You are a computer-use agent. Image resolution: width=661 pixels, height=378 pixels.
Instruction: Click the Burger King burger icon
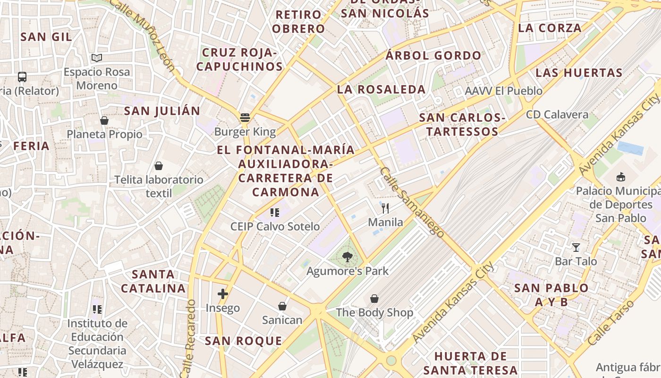(245, 117)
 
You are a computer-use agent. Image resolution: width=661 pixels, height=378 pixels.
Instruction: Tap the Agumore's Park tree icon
(347, 257)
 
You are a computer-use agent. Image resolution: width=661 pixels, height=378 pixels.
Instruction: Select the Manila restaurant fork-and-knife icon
(385, 208)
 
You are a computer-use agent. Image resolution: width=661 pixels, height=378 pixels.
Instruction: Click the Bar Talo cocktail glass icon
(576, 247)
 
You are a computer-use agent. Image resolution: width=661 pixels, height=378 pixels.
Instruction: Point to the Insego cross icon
(223, 294)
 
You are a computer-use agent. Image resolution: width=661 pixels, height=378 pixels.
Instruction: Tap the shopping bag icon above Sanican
(282, 306)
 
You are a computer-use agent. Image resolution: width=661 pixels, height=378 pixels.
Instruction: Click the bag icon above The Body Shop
(374, 299)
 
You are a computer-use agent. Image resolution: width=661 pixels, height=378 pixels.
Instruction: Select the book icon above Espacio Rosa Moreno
(97, 58)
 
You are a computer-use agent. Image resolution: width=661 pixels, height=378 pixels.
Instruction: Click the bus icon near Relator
(22, 77)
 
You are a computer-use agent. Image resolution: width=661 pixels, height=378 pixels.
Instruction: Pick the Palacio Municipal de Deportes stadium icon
(621, 177)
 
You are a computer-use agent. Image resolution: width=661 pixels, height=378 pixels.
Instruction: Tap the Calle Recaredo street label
(190, 337)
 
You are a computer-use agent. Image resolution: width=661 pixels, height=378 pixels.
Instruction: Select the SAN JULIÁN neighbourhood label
(162, 111)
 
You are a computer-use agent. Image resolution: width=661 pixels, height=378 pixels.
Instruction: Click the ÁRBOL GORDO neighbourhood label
(433, 56)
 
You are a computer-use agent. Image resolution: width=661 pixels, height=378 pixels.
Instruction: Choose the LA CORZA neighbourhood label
(550, 28)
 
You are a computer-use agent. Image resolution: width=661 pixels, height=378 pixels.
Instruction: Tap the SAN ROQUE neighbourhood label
(243, 341)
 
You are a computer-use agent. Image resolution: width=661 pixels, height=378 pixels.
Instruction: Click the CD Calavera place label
(557, 114)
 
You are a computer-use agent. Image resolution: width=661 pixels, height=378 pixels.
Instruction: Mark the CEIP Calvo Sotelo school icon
(275, 213)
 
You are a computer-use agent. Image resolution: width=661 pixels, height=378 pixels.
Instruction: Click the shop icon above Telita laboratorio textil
(159, 166)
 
